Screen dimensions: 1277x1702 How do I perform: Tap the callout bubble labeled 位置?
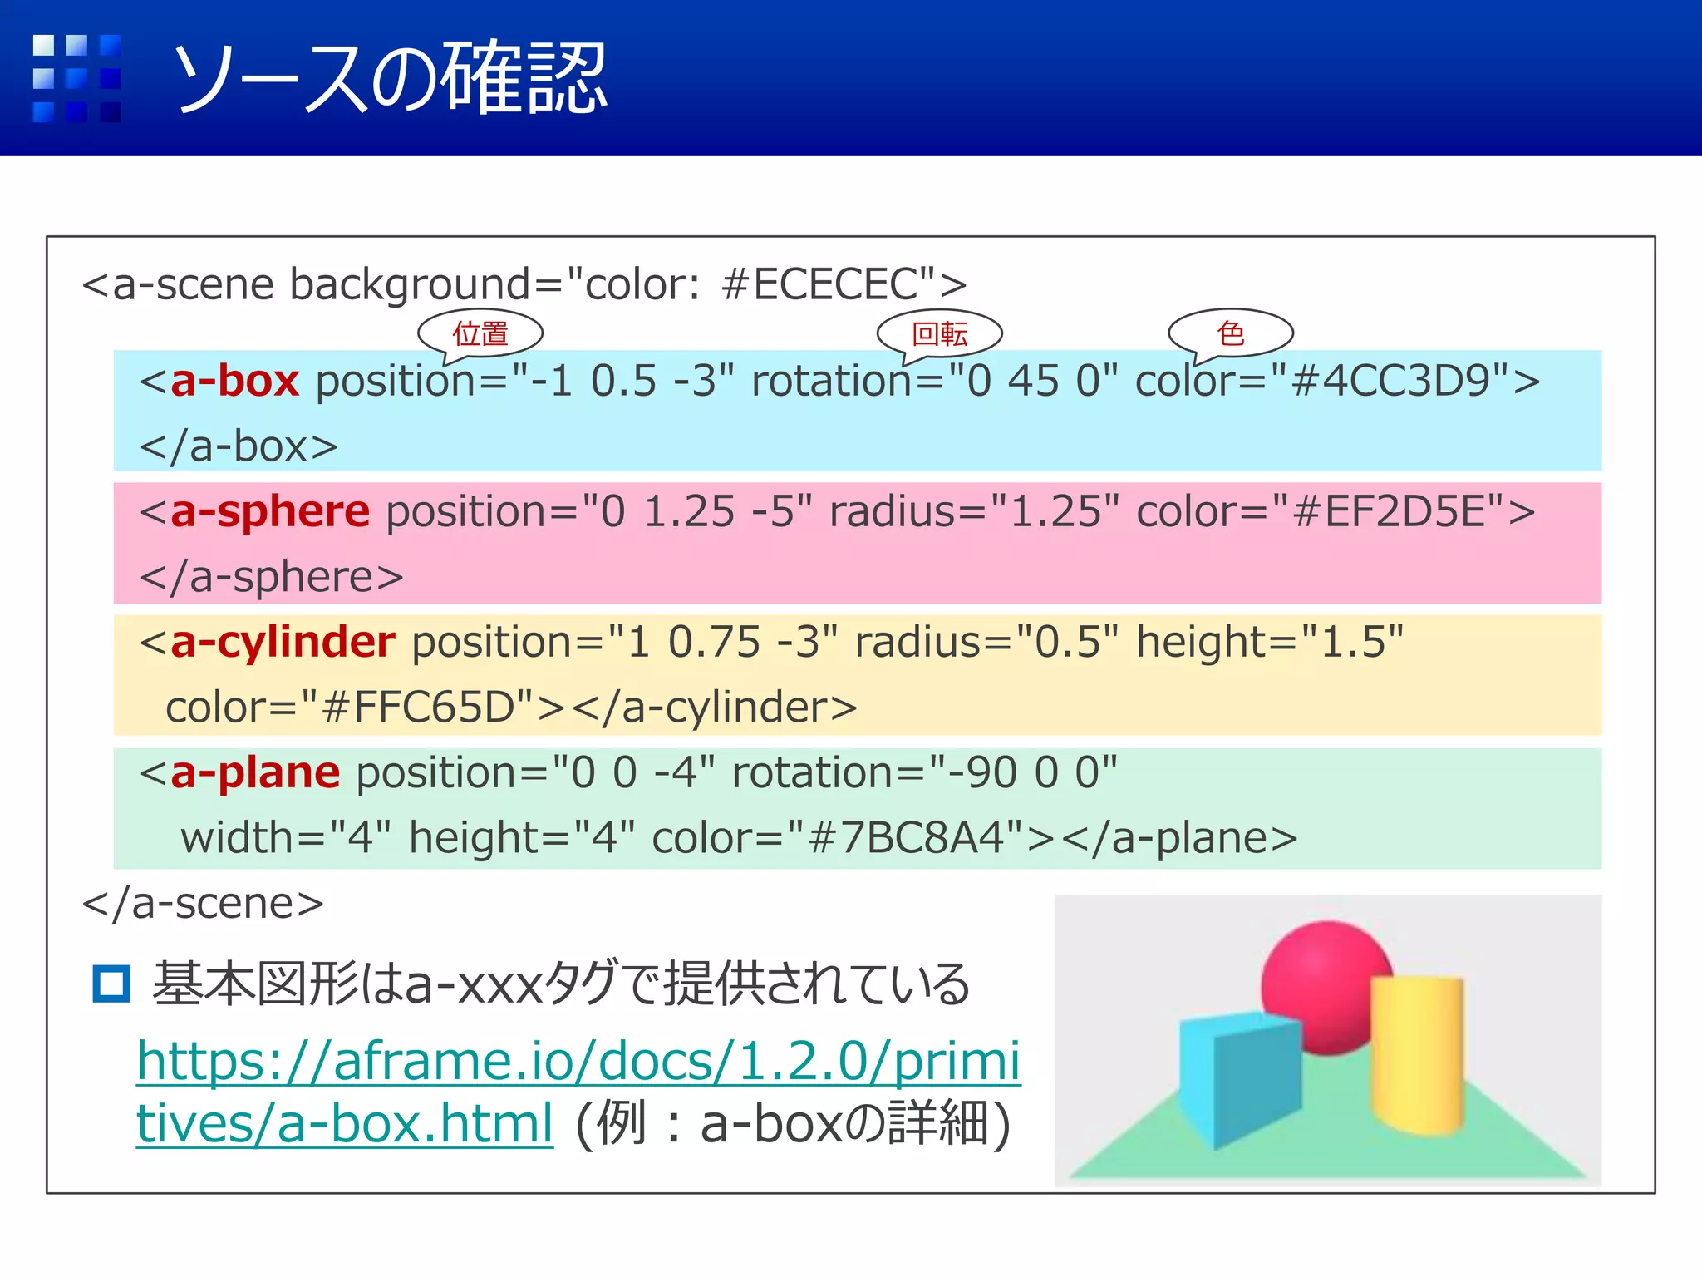point(480,333)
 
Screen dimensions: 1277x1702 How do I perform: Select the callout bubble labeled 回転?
point(940,333)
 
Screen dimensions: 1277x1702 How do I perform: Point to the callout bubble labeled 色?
point(1231,333)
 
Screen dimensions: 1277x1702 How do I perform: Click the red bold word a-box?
point(234,381)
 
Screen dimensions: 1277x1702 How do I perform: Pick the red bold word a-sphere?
point(270,511)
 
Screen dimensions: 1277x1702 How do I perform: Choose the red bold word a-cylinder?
point(283,642)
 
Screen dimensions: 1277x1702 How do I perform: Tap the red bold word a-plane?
point(255,772)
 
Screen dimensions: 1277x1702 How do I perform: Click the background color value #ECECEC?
point(819,284)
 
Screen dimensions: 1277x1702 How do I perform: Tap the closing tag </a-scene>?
point(204,903)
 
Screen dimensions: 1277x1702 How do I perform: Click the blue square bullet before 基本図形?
point(111,984)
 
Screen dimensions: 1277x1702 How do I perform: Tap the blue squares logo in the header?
point(76,78)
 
